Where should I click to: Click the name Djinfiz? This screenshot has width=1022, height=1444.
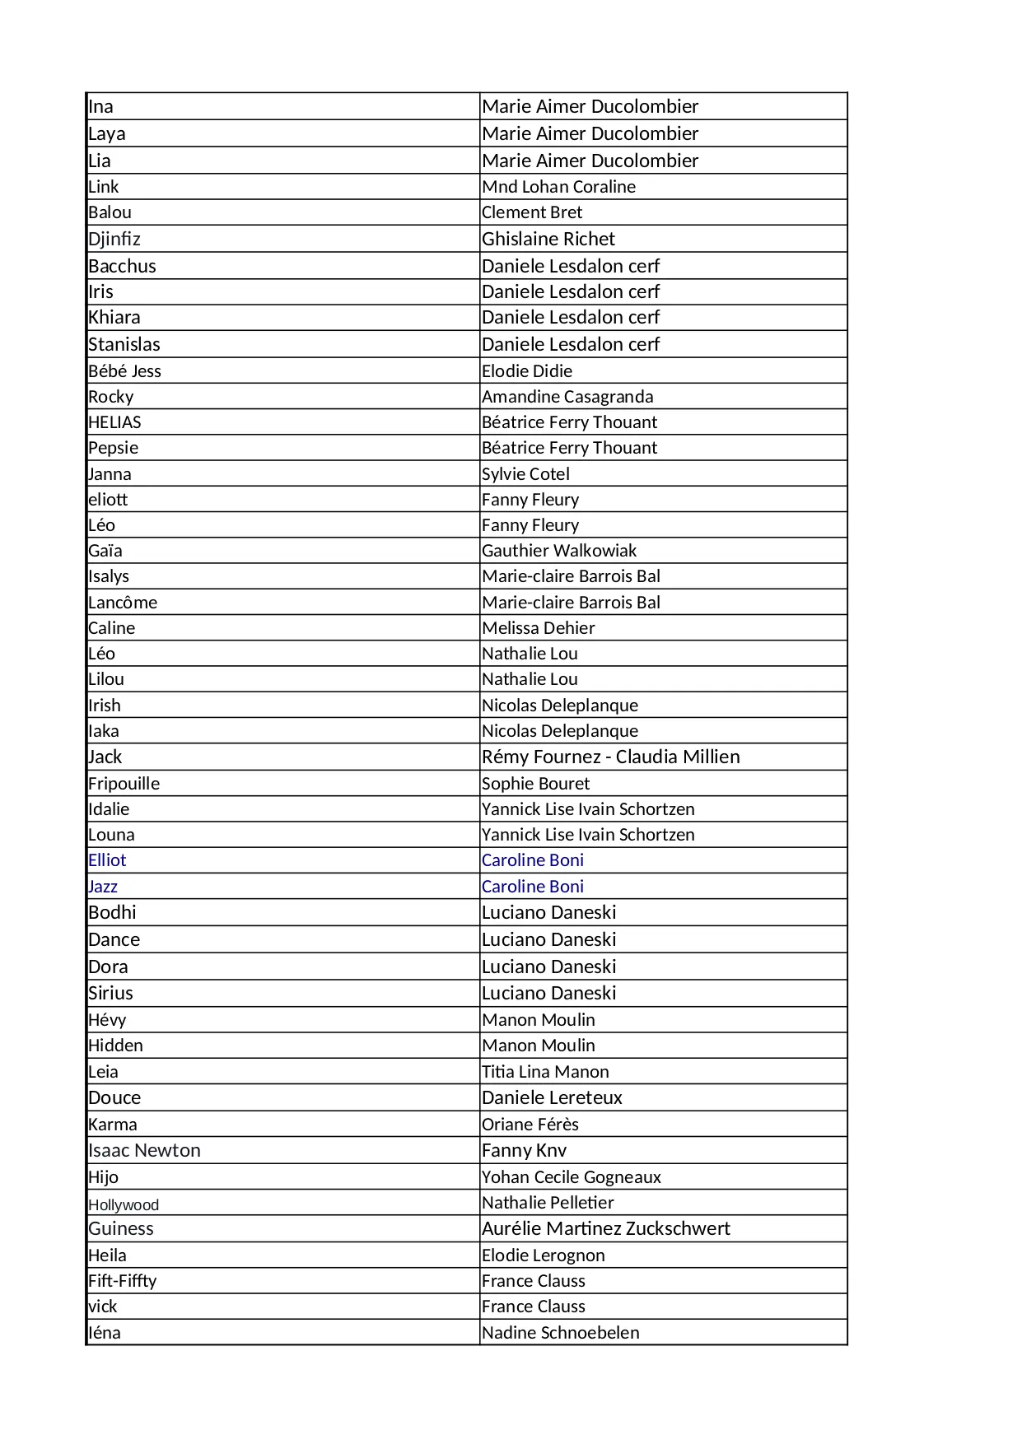(114, 239)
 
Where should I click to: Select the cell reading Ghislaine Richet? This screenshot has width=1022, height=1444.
(548, 239)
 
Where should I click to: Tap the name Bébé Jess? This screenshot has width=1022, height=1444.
(125, 370)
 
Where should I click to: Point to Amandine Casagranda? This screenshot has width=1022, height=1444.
(567, 396)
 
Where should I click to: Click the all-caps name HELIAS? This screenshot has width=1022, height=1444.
(115, 422)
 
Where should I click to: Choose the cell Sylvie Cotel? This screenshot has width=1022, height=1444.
(525, 473)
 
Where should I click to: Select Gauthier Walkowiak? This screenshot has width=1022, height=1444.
(559, 550)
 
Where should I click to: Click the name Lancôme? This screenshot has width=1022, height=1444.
(123, 602)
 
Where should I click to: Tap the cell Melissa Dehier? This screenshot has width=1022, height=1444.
(539, 627)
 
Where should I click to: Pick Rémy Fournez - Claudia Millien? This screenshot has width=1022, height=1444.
(611, 757)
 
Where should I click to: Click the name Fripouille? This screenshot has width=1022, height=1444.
(124, 783)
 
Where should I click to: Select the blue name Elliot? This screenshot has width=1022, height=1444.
(108, 859)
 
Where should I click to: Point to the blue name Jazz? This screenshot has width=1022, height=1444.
(103, 886)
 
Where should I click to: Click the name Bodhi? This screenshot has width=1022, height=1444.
(113, 912)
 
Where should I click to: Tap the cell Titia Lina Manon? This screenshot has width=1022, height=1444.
(545, 1071)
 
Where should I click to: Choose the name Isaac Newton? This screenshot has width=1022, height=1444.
(145, 1150)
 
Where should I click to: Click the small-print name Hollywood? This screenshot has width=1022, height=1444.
(124, 1204)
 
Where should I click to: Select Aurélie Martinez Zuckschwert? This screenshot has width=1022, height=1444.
(606, 1228)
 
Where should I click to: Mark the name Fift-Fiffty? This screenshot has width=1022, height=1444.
(123, 1280)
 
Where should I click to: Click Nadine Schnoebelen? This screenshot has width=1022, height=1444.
(561, 1332)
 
